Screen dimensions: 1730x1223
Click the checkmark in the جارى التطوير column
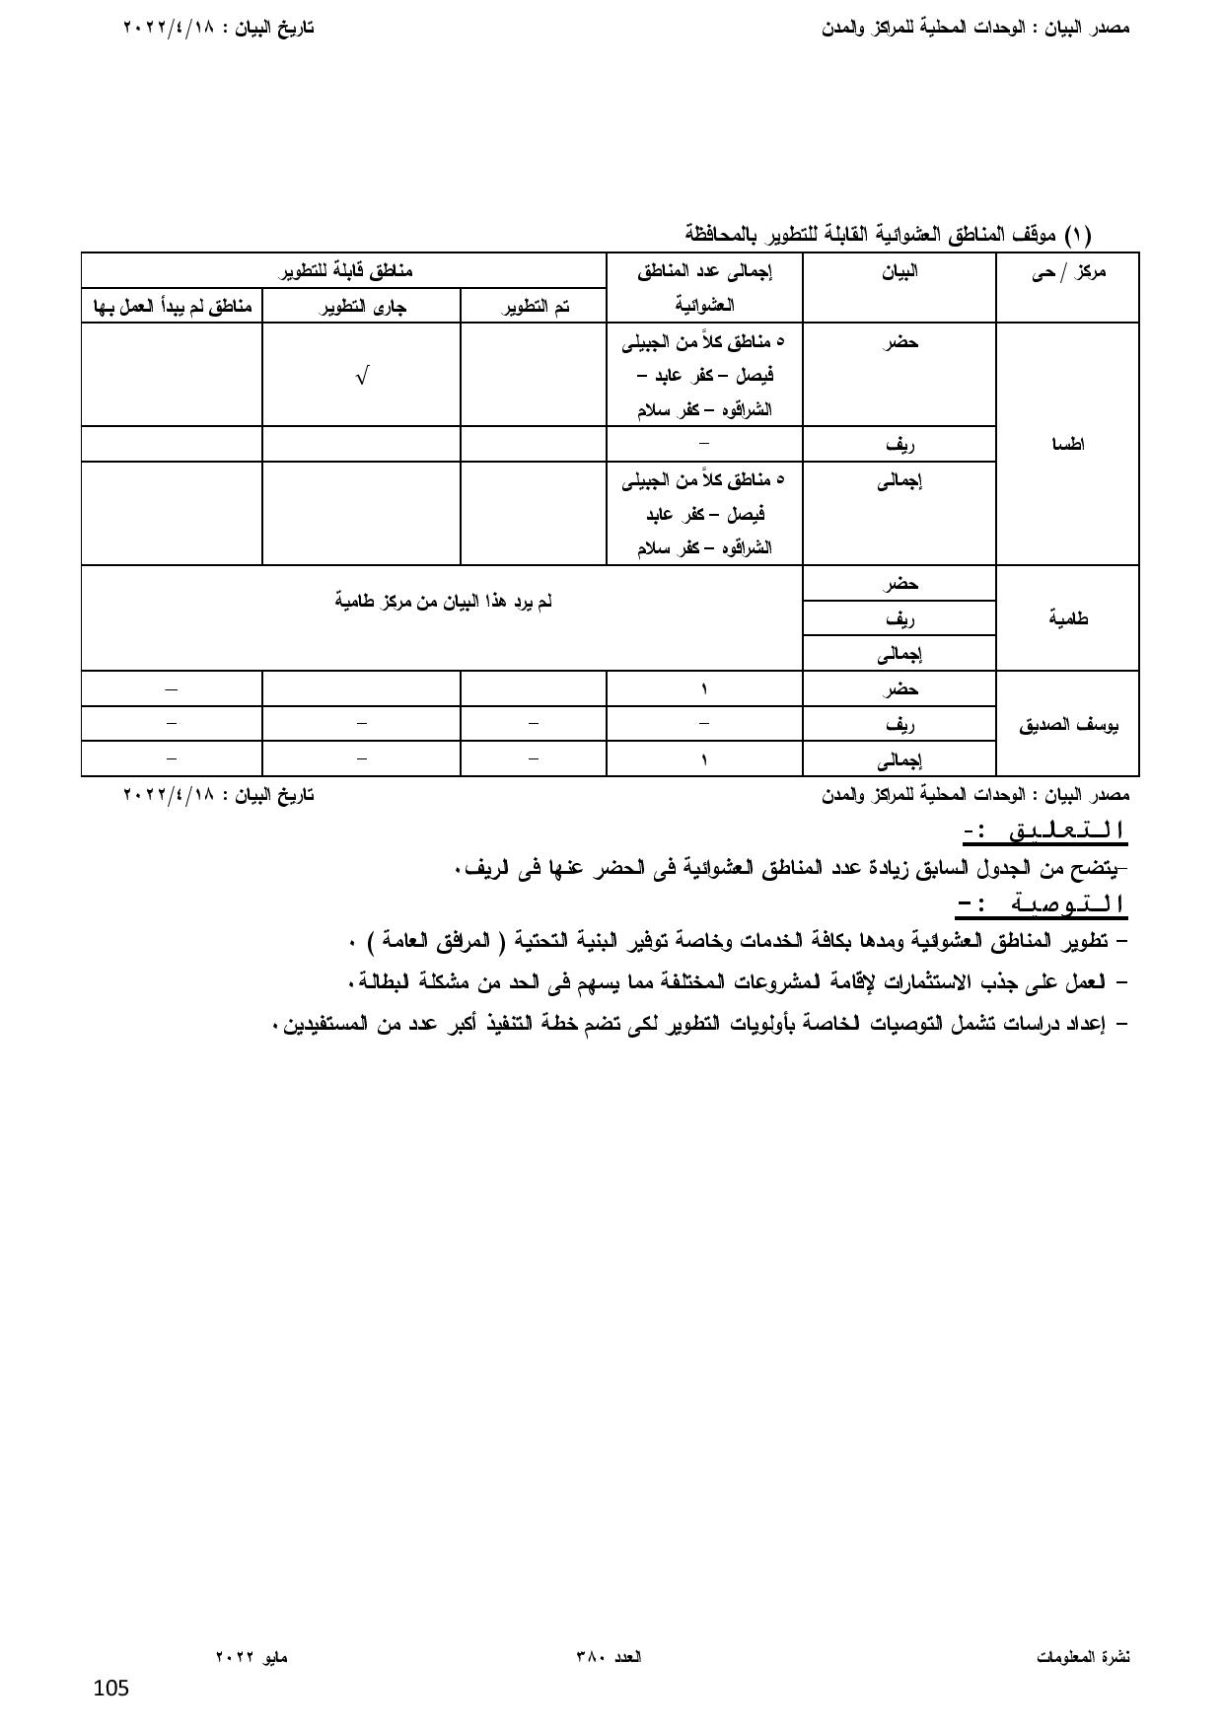click(362, 376)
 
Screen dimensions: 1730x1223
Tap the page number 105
click(111, 1689)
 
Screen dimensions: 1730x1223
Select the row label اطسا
click(1068, 444)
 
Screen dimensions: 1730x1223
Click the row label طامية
click(1068, 618)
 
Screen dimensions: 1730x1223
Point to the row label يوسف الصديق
click(1068, 724)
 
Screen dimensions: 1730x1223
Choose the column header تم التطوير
click(534, 307)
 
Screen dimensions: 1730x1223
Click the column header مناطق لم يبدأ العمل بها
click(173, 307)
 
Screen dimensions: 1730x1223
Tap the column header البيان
click(899, 271)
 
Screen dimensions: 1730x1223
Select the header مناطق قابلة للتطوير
click(343, 270)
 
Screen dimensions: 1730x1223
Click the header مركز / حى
click(1068, 271)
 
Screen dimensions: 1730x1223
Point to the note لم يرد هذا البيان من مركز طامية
click(443, 601)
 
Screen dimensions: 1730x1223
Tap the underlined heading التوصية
click(1042, 903)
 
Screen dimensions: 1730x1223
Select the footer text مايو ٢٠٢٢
click(252, 1658)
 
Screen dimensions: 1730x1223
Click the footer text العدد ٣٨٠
click(609, 1658)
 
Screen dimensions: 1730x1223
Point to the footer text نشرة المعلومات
click(1083, 1658)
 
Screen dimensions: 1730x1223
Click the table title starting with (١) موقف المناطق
click(888, 235)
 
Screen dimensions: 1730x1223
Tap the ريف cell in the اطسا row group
click(899, 444)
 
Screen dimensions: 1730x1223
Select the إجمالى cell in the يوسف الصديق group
click(899, 759)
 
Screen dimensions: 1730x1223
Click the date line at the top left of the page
click(218, 28)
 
